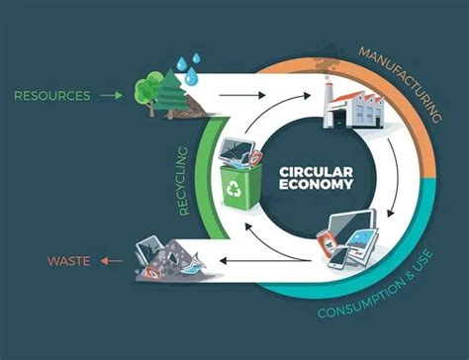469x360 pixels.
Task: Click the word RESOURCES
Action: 51,96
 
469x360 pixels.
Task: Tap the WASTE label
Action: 69,261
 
